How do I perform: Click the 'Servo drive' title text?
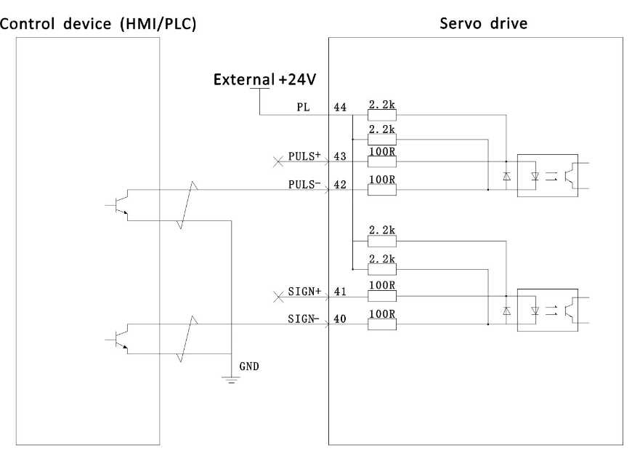pos(483,23)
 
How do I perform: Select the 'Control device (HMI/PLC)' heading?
pos(98,24)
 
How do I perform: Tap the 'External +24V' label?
pos(264,79)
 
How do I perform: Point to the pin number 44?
pos(340,108)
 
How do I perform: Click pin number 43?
pos(340,156)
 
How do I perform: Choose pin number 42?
pos(340,185)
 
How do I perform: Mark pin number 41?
pos(340,291)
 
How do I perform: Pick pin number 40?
pos(340,319)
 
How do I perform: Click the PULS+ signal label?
pos(304,156)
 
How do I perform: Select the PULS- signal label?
pos(304,184)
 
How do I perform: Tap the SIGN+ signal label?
pos(304,291)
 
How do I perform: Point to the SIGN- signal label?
pos(303,319)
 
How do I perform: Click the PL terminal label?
pos(303,108)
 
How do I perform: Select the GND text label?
pos(249,367)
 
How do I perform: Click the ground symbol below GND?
pos(232,380)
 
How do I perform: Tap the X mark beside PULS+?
pos(278,161)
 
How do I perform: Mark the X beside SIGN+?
pos(278,297)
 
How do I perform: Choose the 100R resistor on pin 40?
pos(382,324)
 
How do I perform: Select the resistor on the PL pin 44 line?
pos(382,115)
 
